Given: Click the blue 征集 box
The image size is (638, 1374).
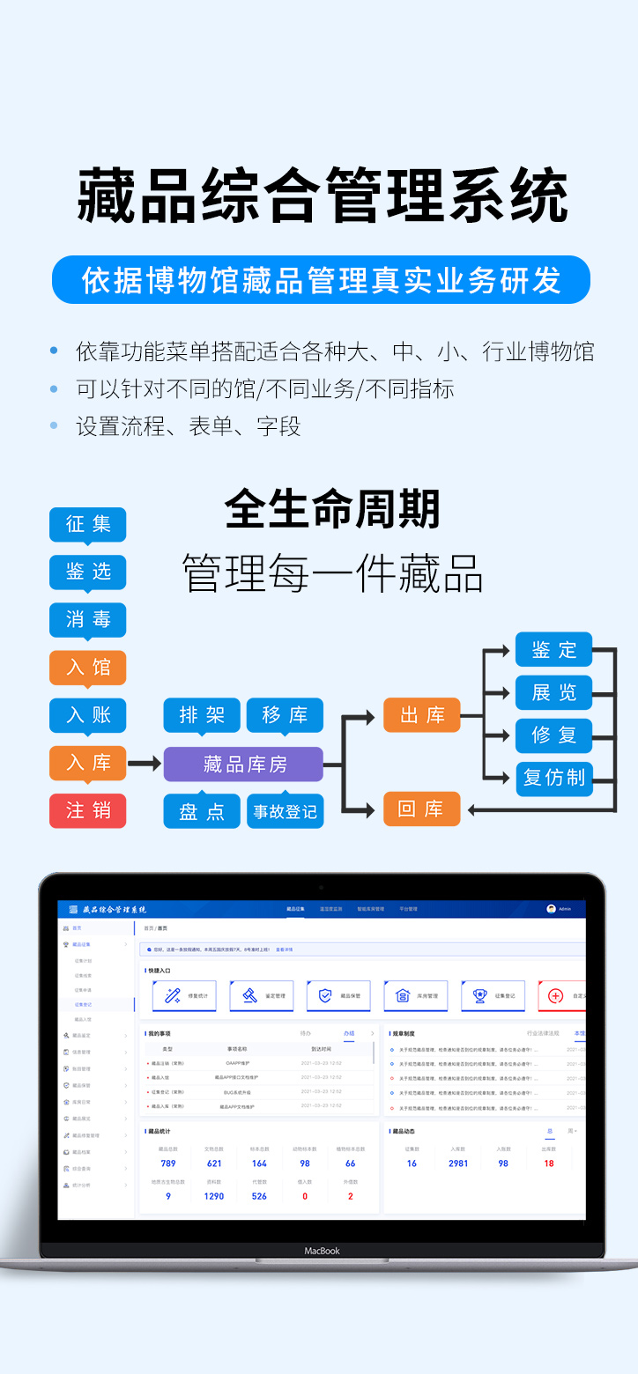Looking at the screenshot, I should click(x=87, y=525).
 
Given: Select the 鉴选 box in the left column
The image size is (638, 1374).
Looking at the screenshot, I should click(x=87, y=572).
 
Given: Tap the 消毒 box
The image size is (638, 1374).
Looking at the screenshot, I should click(x=87, y=620).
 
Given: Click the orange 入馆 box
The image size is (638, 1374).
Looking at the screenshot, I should click(x=87, y=668).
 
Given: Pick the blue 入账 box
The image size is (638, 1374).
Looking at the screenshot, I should click(x=87, y=715).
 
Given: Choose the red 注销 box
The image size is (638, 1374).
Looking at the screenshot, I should click(x=87, y=810).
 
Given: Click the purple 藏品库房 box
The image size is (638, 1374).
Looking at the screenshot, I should click(x=243, y=764).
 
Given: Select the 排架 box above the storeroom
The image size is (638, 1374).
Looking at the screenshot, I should click(x=202, y=715).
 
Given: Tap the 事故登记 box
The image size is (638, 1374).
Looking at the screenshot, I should click(x=285, y=811).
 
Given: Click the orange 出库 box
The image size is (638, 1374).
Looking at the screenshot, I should click(x=421, y=715).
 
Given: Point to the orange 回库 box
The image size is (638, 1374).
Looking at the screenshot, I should click(x=421, y=809).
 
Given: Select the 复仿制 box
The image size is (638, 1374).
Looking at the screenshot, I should click(x=553, y=778).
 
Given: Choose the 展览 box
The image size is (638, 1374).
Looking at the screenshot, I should click(x=553, y=692).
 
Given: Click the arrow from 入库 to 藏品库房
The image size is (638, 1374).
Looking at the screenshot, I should click(x=145, y=764).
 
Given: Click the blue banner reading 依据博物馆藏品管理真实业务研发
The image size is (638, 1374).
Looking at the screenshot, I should click(x=321, y=280).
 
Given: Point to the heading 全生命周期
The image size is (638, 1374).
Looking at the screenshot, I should click(x=332, y=509).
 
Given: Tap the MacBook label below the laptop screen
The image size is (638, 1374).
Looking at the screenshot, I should click(x=322, y=1251).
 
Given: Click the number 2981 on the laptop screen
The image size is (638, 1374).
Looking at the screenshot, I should click(x=458, y=1163).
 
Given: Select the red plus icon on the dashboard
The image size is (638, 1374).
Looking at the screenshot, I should click(x=555, y=996).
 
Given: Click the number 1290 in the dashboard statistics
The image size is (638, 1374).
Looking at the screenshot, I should click(x=214, y=1196).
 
